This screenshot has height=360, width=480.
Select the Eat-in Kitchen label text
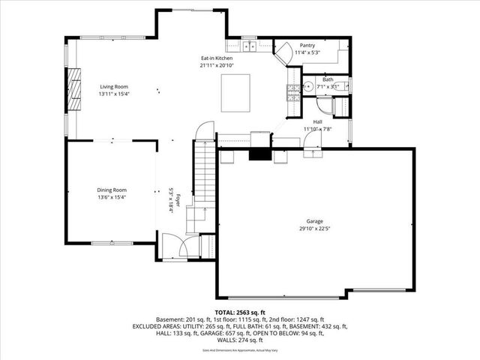pyautogui.click(x=216, y=58)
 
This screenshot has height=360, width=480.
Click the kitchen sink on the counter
pyautogui.click(x=249, y=47)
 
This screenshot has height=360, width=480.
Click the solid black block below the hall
pyautogui.click(x=259, y=154)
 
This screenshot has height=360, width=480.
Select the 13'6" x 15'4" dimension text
pyautogui.click(x=112, y=198)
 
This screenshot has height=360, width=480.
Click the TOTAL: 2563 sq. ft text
pyautogui.click(x=240, y=312)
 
